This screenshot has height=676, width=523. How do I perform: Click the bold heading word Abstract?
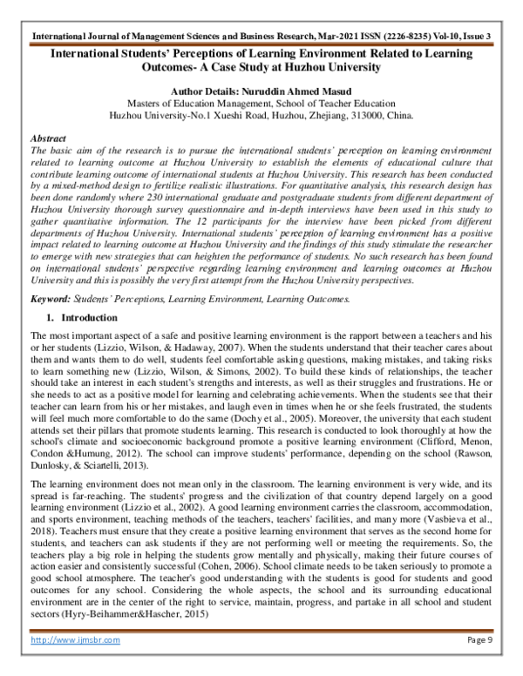[x=47, y=139]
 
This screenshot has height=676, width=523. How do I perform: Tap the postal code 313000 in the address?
[x=369, y=113]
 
